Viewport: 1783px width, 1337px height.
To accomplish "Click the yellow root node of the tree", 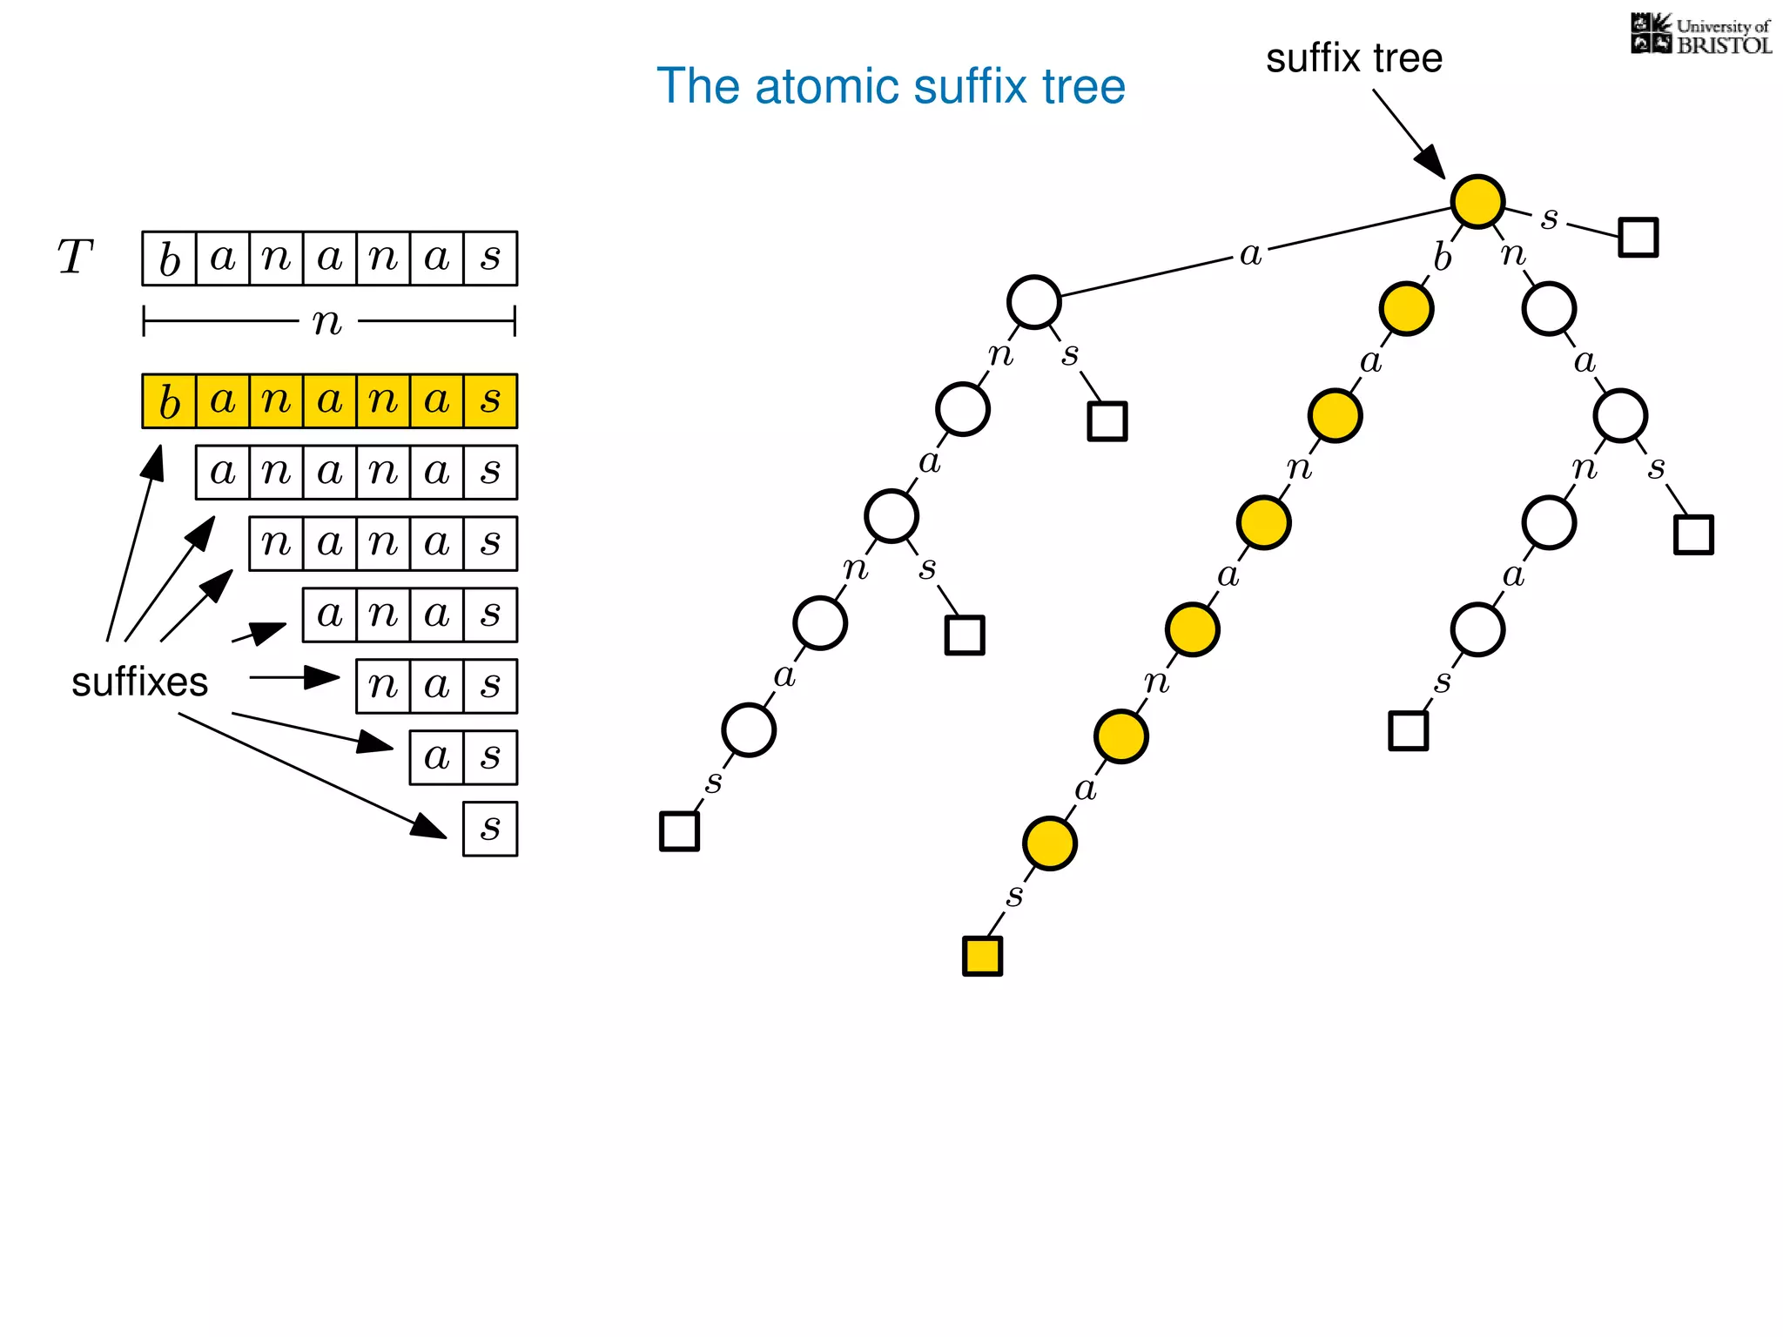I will [1477, 201].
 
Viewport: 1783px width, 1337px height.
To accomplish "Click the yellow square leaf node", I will [982, 956].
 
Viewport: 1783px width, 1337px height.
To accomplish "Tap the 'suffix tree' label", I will [1354, 58].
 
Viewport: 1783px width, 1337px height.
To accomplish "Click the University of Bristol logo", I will [1700, 35].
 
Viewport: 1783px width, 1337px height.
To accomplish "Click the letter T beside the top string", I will [75, 258].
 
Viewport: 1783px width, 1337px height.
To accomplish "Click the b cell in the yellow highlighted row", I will [170, 401].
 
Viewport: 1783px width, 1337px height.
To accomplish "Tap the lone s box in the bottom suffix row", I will [490, 829].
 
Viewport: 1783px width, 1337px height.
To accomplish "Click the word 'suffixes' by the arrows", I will [139, 682].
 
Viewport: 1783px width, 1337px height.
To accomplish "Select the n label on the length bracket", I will [327, 322].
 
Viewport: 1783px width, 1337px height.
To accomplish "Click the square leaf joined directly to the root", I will [1638, 237].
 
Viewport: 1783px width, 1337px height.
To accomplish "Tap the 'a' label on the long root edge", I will [1250, 254].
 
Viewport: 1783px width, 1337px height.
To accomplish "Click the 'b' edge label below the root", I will [1443, 258].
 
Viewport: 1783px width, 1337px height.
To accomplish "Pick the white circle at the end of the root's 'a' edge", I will [1033, 302].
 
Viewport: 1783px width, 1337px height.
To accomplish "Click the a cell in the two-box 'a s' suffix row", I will [436, 757].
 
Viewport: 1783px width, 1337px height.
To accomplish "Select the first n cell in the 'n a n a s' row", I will [276, 543].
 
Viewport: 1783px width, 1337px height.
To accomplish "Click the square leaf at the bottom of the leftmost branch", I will [679, 830].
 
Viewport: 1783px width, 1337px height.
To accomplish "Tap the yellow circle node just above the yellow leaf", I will [1049, 843].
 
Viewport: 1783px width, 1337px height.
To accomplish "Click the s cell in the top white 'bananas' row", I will [490, 259].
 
